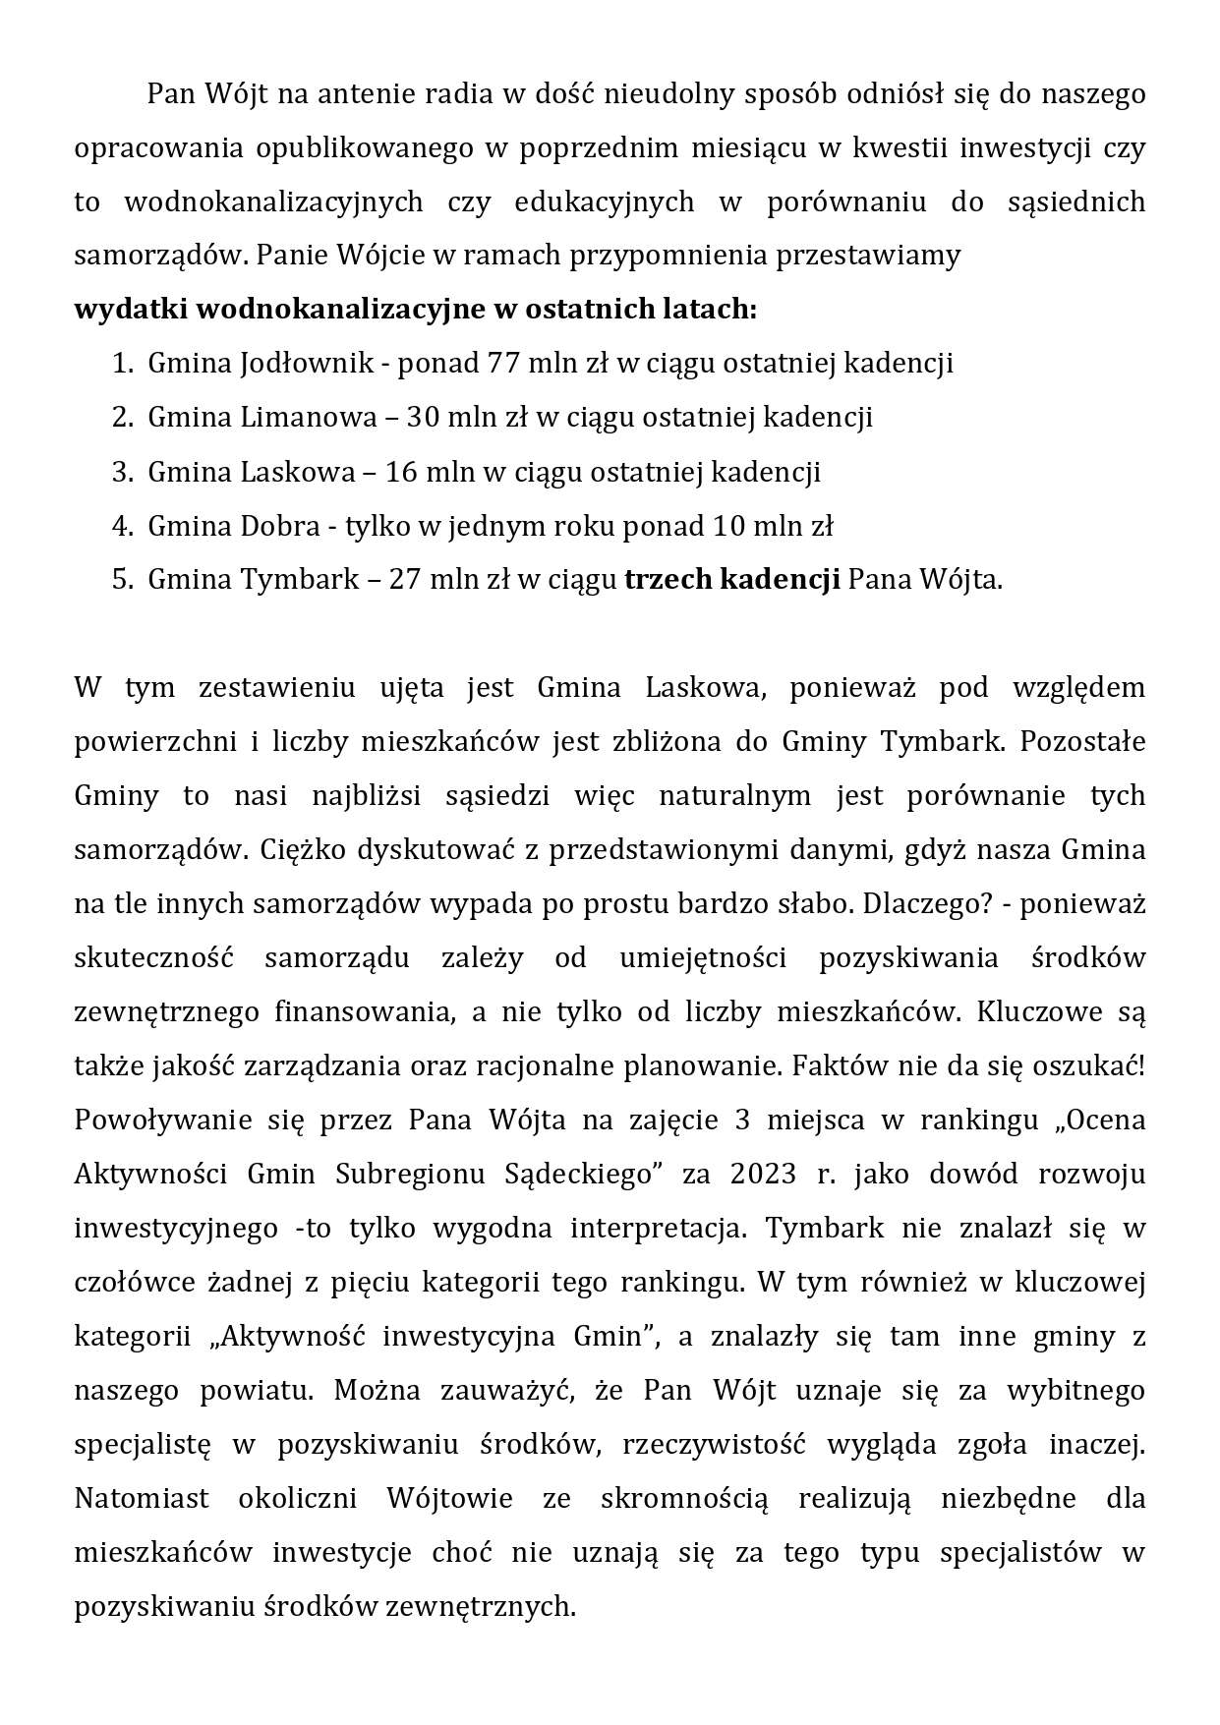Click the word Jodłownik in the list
[306, 364]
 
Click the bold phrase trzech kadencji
[731, 579]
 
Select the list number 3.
[121, 472]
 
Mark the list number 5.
[121, 579]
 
